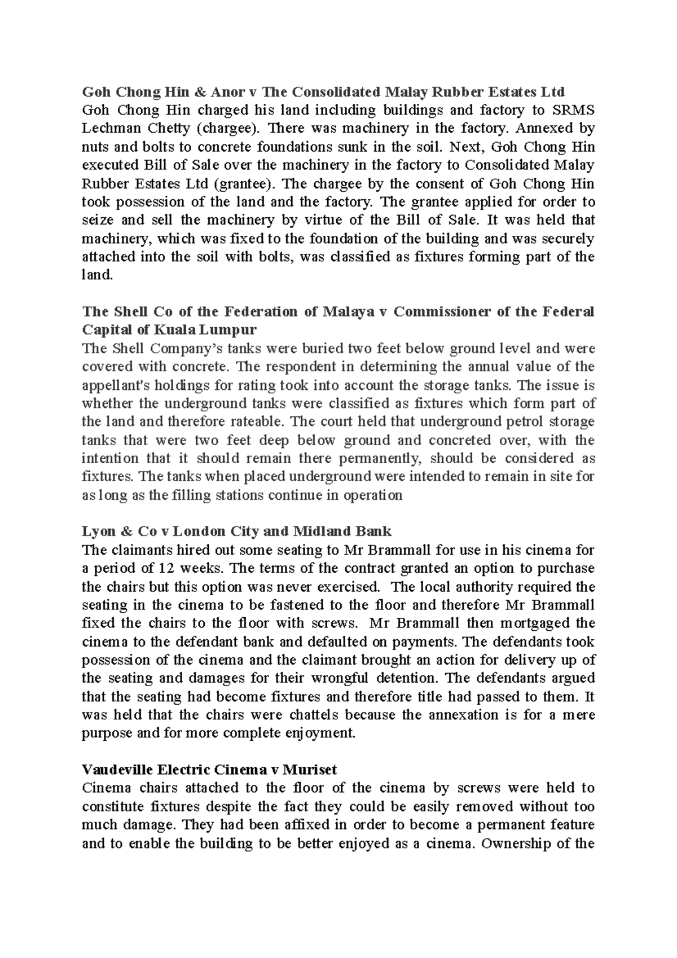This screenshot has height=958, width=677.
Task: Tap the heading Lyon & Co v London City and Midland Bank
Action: pyautogui.click(x=236, y=531)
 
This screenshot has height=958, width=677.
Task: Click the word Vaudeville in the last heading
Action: pyautogui.click(x=117, y=770)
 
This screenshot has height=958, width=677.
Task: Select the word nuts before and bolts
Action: pyautogui.click(x=96, y=147)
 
